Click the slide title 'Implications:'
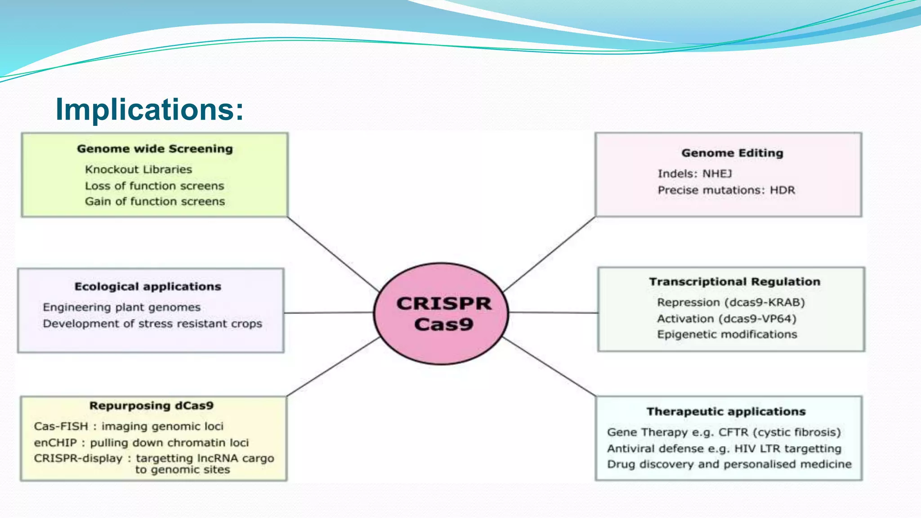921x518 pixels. click(149, 109)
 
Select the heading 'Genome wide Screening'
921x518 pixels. click(155, 149)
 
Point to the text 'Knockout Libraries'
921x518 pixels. click(139, 170)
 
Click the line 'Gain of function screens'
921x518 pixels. click(155, 201)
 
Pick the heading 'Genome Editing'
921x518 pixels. click(732, 153)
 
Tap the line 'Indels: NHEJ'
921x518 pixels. click(695, 174)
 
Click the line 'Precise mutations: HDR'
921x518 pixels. click(726, 190)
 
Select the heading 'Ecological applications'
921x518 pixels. click(148, 286)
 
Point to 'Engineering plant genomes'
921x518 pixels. click(122, 307)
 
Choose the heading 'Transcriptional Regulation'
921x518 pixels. click(734, 281)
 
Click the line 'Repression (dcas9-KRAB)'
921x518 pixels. click(731, 302)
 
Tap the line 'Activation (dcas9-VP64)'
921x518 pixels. click(727, 319)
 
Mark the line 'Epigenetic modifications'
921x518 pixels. click(727, 335)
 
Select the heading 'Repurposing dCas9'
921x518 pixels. click(152, 406)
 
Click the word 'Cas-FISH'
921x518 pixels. click(61, 426)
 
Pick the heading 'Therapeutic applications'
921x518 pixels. click(726, 411)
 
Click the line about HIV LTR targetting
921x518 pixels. click(724, 449)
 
